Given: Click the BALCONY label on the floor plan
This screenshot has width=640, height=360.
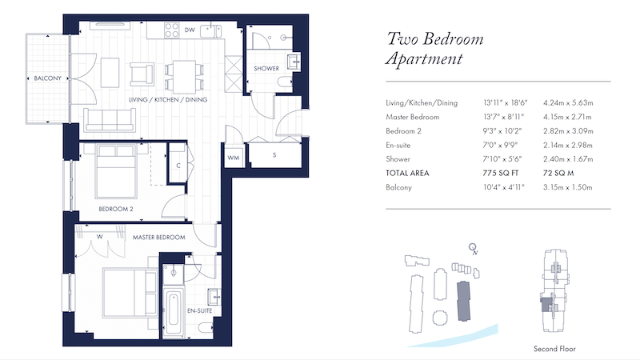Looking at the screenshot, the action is pyautogui.click(x=47, y=78).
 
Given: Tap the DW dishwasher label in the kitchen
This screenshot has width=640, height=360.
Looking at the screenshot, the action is pyautogui.click(x=190, y=30).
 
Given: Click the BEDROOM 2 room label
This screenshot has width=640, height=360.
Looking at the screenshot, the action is pyautogui.click(x=116, y=209).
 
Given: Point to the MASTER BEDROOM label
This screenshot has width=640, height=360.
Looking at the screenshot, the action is pyautogui.click(x=158, y=237).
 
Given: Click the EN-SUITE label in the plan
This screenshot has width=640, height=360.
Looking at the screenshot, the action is pyautogui.click(x=199, y=310).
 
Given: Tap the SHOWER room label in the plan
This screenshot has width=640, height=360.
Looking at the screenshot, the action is pyautogui.click(x=266, y=68).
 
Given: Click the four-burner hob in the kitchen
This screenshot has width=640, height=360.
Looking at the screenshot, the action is pyautogui.click(x=171, y=30).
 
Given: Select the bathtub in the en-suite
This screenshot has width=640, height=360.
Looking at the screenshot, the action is pyautogui.click(x=174, y=312).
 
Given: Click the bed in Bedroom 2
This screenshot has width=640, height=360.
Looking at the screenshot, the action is pyautogui.click(x=116, y=170).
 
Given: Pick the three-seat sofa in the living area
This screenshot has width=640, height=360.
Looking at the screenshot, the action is pyautogui.click(x=110, y=120).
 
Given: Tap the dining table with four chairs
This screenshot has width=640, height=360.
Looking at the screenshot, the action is pyautogui.click(x=184, y=76).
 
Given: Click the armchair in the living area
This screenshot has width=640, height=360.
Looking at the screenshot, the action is pyautogui.click(x=142, y=74).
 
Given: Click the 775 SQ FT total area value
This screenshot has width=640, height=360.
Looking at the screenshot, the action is pyautogui.click(x=501, y=173).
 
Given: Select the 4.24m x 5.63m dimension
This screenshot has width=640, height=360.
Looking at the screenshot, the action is pyautogui.click(x=568, y=103).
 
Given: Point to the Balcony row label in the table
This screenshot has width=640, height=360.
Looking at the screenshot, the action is pyautogui.click(x=398, y=187).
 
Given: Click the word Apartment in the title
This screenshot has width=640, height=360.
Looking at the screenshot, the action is pyautogui.click(x=424, y=58).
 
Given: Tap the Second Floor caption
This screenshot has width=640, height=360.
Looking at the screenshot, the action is pyautogui.click(x=554, y=349).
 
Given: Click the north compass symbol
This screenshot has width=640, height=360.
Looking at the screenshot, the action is pyautogui.click(x=473, y=249).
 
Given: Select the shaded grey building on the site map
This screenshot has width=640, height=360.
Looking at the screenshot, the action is pyautogui.click(x=464, y=301).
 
